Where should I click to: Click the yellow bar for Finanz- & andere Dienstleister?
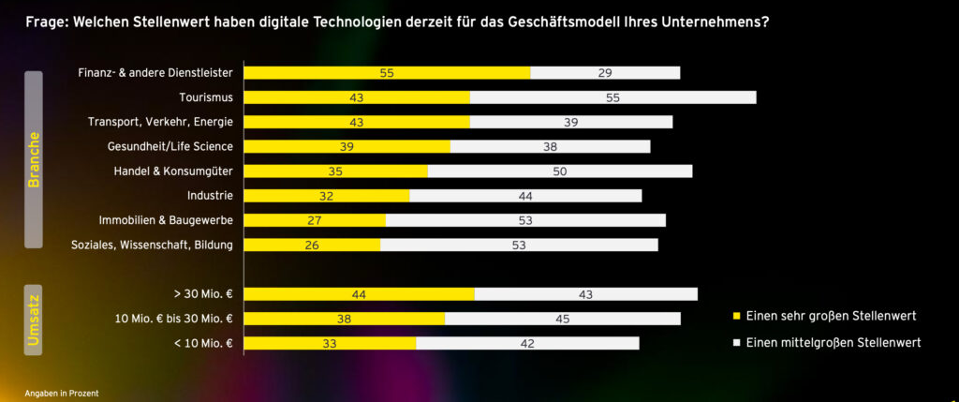tap(387, 72)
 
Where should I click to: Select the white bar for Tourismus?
tap(612, 97)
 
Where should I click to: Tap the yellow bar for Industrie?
tap(327, 195)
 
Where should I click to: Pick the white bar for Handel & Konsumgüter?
tap(560, 171)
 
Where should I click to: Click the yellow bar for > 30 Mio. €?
tap(359, 294)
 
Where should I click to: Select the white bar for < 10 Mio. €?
tap(527, 343)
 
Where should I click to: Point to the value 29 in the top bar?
tap(605, 72)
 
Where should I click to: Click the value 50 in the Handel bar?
tap(559, 171)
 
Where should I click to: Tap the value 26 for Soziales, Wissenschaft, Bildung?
tap(312, 245)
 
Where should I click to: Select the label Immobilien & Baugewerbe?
tap(166, 220)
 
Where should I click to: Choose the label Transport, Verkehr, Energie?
tap(160, 122)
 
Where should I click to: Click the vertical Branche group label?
tap(33, 159)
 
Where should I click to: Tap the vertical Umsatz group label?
tap(33, 319)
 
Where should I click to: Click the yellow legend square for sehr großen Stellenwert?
tap(735, 315)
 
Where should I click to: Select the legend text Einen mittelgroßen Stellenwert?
tap(834, 343)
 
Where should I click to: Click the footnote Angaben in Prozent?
tap(62, 393)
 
